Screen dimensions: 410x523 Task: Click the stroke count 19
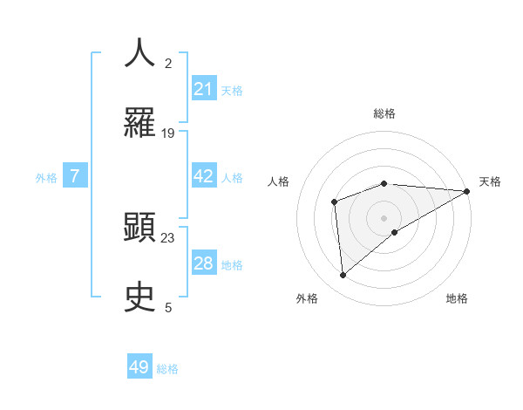pyautogui.click(x=168, y=133)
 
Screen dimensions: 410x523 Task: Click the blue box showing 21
pyautogui.click(x=203, y=89)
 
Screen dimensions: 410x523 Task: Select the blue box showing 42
pyautogui.click(x=203, y=176)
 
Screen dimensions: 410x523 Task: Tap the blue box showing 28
pyautogui.click(x=203, y=263)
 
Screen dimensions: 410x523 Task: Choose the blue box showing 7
pyautogui.click(x=75, y=177)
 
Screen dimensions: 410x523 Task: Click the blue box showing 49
pyautogui.click(x=139, y=367)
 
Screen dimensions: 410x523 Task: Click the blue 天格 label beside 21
pyautogui.click(x=232, y=90)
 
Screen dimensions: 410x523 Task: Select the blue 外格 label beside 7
pyautogui.click(x=46, y=178)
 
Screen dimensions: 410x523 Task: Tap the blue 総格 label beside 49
pyautogui.click(x=167, y=369)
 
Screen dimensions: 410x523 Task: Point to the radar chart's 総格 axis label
pyautogui.click(x=384, y=113)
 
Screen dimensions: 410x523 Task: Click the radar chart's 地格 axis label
pyautogui.click(x=457, y=298)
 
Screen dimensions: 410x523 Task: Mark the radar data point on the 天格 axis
pyautogui.click(x=467, y=191)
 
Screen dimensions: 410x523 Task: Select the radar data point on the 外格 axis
pyautogui.click(x=343, y=275)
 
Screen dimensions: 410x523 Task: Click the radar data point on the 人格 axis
pyautogui.click(x=334, y=202)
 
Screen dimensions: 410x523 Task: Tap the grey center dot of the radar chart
pyautogui.click(x=384, y=217)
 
